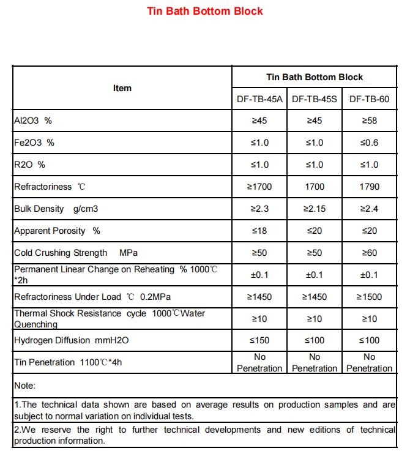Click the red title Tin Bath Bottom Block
(x=205, y=11)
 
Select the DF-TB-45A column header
(x=259, y=99)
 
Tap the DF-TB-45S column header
(x=315, y=99)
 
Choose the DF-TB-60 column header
(x=369, y=99)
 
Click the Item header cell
(x=122, y=88)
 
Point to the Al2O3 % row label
(x=33, y=121)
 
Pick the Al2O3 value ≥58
(x=369, y=121)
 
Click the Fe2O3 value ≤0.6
(x=369, y=143)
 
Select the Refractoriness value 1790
(x=369, y=187)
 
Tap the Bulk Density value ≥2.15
(x=315, y=209)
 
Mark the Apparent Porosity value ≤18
(x=259, y=231)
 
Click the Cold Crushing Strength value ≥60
(x=369, y=253)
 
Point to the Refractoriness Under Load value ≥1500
(x=369, y=297)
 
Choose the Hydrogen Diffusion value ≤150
(x=259, y=340)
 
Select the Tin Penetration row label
(x=69, y=362)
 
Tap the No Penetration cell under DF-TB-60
(x=369, y=362)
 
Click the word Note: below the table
(x=25, y=386)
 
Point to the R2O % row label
(x=29, y=165)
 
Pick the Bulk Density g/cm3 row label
(x=56, y=209)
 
